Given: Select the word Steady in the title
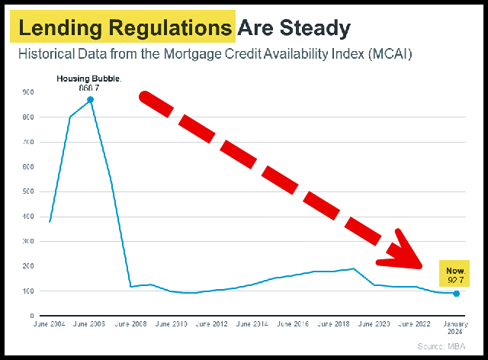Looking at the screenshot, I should [x=315, y=28].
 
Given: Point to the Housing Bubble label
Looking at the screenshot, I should [x=88, y=79].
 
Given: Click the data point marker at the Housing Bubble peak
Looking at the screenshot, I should [x=90, y=99].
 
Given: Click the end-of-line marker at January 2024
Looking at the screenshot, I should [x=456, y=294].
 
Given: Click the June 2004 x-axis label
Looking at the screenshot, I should [x=50, y=325].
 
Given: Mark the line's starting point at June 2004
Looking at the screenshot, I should [x=50, y=221].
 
